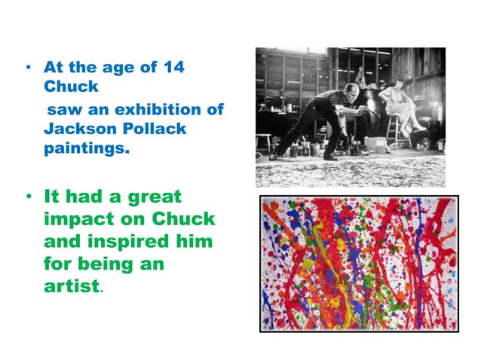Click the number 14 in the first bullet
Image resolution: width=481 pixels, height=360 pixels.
(x=171, y=67)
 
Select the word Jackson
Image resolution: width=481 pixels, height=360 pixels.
(x=76, y=129)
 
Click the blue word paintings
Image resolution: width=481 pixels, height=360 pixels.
(x=86, y=148)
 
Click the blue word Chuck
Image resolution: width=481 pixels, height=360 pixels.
(x=70, y=87)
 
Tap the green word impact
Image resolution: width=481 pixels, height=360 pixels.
(x=79, y=221)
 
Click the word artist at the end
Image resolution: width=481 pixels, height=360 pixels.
(x=72, y=287)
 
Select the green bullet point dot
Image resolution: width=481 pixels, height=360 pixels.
(x=28, y=198)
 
